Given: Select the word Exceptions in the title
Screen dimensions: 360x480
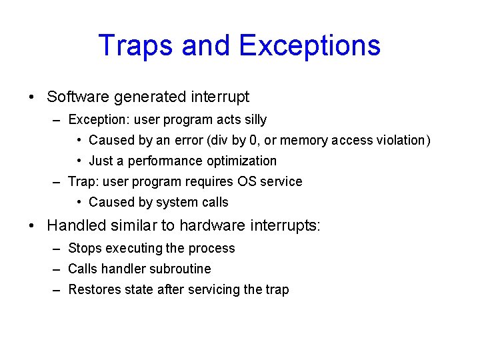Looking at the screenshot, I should click(309, 45).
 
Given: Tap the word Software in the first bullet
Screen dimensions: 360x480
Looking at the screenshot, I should click(78, 97).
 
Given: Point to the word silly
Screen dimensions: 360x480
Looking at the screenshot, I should click(253, 120).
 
